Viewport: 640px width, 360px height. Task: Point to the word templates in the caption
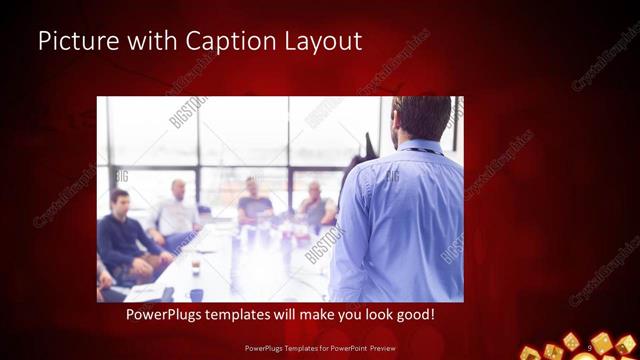(244, 315)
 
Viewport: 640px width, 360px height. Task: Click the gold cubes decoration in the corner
(585, 345)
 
